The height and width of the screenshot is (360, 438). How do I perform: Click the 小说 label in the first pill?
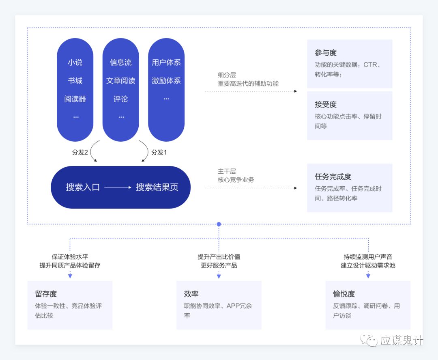(x=75, y=63)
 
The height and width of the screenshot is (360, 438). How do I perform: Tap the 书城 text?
(x=75, y=81)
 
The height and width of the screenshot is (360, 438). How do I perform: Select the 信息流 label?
(x=121, y=63)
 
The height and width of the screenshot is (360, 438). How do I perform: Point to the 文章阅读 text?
(x=121, y=81)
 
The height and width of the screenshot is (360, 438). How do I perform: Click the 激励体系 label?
(x=166, y=81)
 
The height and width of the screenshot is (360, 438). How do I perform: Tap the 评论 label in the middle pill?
(x=121, y=99)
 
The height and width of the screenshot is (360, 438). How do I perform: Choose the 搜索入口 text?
(x=83, y=187)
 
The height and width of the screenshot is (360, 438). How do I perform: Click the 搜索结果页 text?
(x=157, y=187)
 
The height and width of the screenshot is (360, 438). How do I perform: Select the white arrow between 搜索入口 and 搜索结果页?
(x=118, y=187)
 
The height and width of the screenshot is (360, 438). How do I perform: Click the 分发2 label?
(x=80, y=152)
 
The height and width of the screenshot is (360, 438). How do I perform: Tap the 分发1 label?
(x=159, y=152)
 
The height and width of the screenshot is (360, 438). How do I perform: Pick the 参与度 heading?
(x=326, y=52)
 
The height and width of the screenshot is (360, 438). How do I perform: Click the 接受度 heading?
(x=326, y=104)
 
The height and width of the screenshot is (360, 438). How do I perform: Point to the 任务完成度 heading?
(x=333, y=177)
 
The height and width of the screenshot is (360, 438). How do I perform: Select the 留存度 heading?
(x=46, y=294)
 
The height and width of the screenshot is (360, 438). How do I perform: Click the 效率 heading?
(x=191, y=294)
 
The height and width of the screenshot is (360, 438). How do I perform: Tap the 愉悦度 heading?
(x=344, y=294)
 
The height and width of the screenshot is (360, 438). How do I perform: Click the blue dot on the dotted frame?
(x=219, y=224)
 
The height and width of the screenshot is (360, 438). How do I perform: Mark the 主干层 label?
(x=227, y=171)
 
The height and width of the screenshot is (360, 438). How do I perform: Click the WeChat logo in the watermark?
(x=369, y=340)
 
